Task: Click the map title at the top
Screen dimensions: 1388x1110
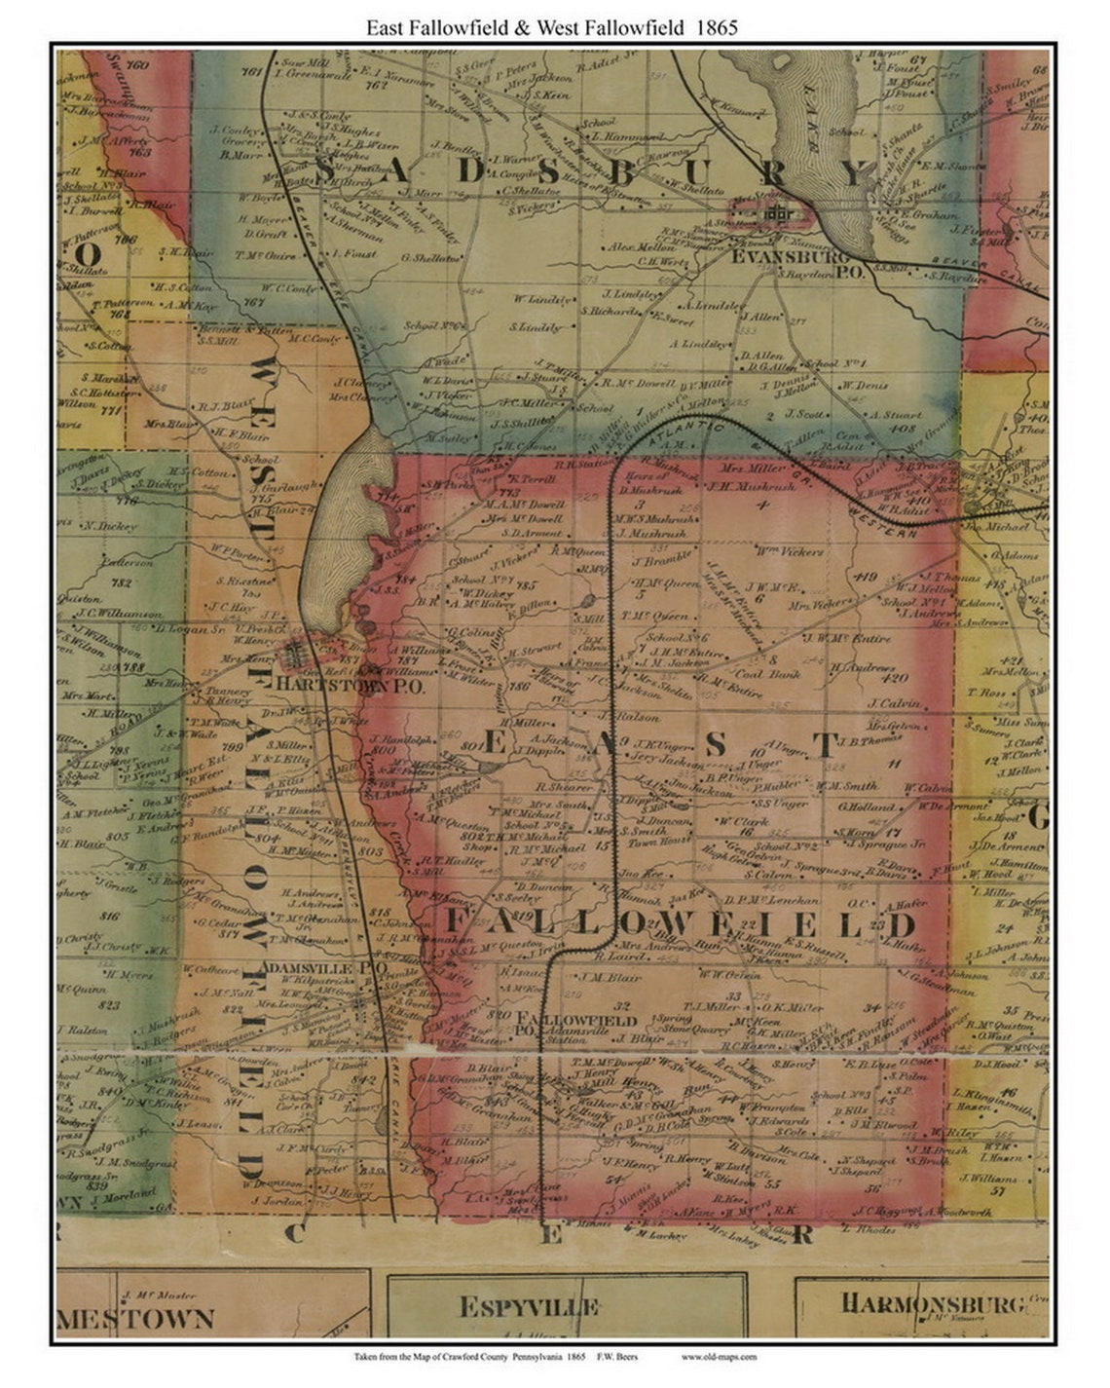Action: pyautogui.click(x=551, y=27)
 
